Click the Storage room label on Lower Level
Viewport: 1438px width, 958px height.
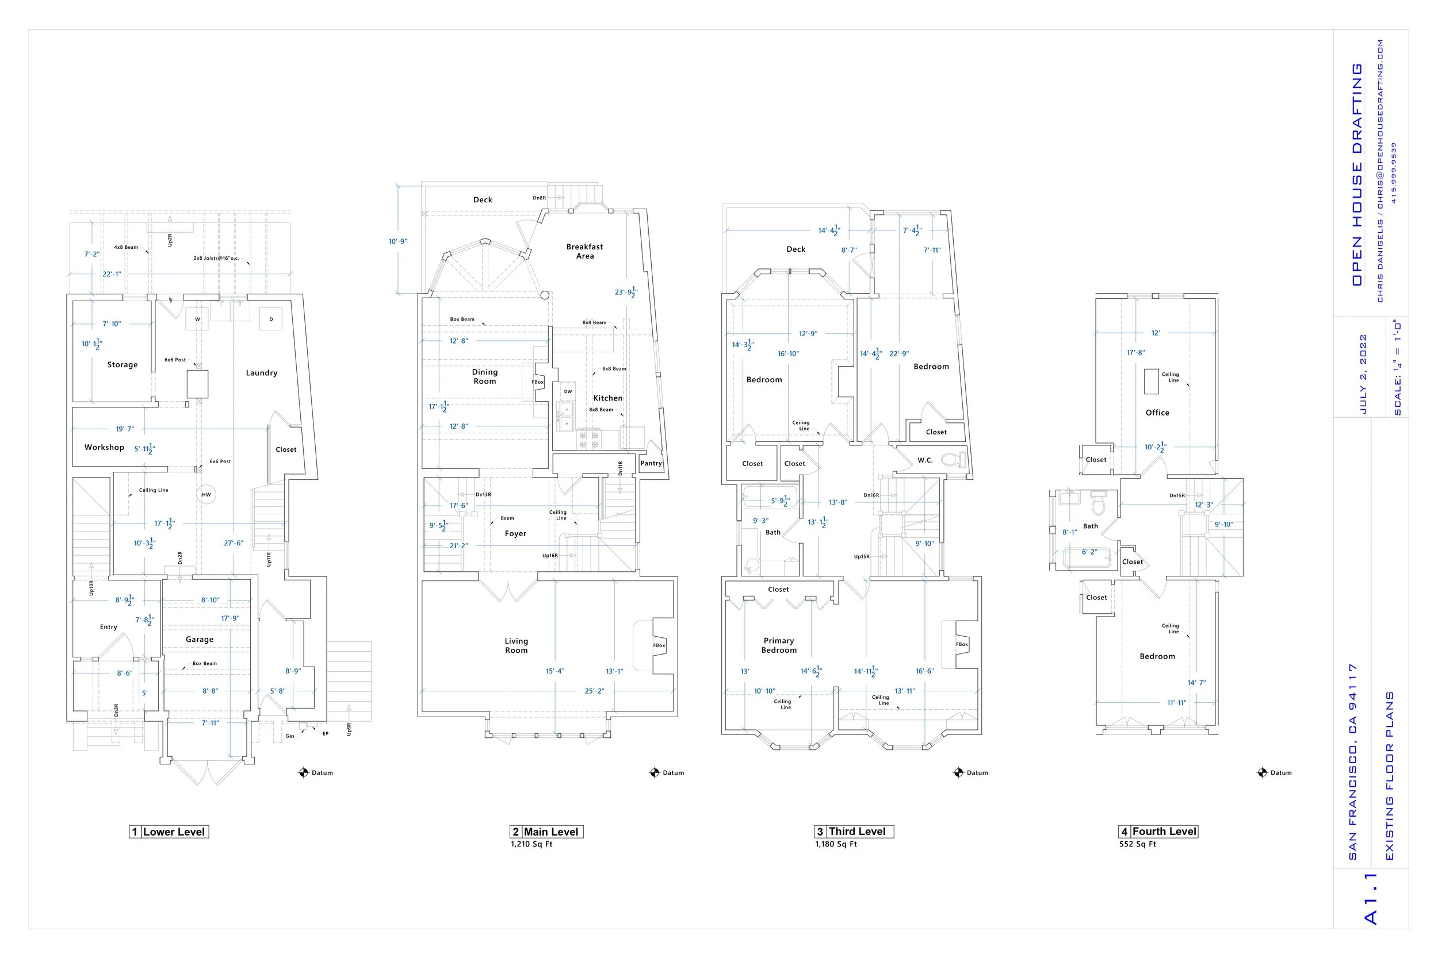coord(123,365)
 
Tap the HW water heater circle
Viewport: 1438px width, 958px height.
coord(206,495)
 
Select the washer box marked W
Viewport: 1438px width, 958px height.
coord(197,319)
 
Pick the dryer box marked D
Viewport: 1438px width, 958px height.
coord(271,319)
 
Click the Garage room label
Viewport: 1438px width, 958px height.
coord(200,639)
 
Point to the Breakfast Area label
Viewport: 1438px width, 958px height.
coord(584,251)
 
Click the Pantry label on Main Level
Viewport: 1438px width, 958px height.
coord(651,463)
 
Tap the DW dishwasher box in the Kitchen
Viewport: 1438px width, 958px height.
coord(568,391)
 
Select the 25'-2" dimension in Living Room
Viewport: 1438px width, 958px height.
coord(594,691)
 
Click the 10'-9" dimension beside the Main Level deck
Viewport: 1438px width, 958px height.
coord(398,241)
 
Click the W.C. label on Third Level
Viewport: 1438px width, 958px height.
coord(925,460)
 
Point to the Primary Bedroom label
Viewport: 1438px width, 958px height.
coord(778,645)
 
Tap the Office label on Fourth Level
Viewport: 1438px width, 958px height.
coord(1157,413)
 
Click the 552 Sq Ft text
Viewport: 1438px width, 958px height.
coord(1137,844)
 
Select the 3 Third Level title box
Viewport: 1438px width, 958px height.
coord(854,832)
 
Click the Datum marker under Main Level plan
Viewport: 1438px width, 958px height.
coord(655,773)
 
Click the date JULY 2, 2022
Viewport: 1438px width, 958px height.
coord(1363,374)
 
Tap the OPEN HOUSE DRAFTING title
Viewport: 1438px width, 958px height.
coord(1357,174)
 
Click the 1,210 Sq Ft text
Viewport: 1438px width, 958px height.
coord(531,844)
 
